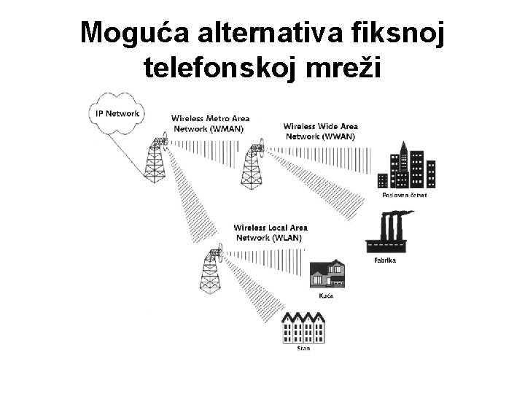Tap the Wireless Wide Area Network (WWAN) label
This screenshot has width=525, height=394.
point(320,131)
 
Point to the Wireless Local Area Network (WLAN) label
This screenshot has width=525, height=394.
point(268,232)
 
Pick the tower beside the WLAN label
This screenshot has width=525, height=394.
point(211,269)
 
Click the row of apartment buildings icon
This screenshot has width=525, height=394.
point(302,328)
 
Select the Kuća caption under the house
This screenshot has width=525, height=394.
point(327,296)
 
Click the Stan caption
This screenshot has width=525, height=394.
point(303,349)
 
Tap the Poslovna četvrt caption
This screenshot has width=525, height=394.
point(404,196)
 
